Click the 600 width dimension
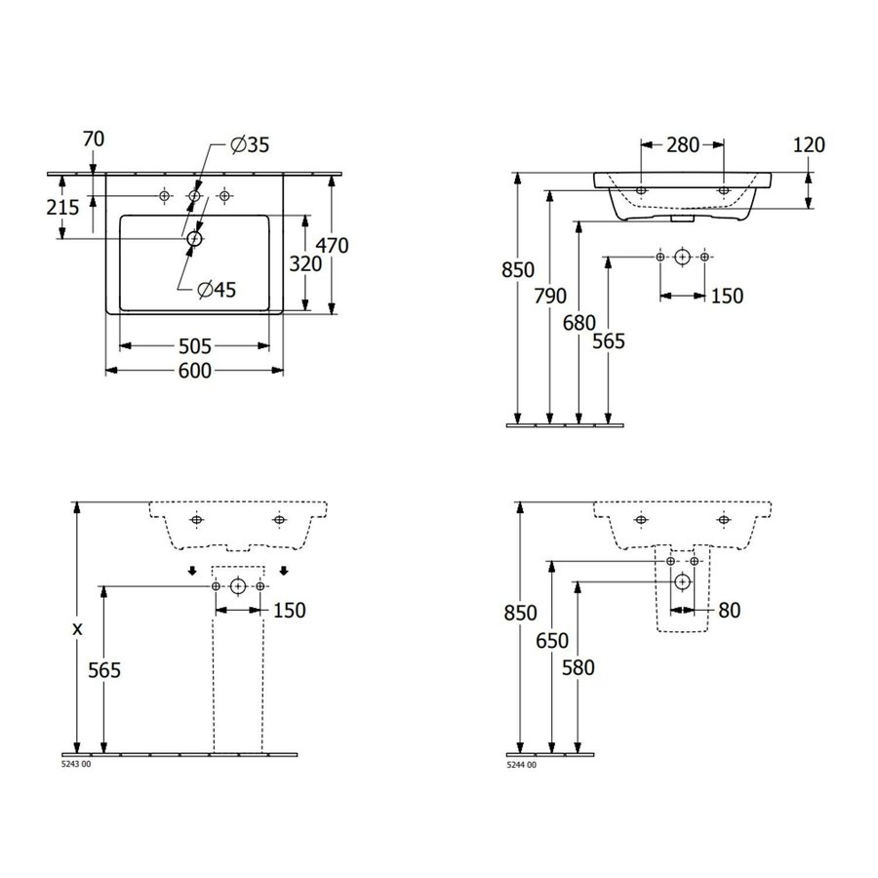point(194,371)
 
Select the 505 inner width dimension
point(194,346)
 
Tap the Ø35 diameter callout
point(250,145)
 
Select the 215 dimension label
point(63,208)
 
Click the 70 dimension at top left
point(94,140)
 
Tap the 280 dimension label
point(682,144)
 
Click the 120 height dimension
point(809,145)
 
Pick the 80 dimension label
point(728,611)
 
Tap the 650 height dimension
point(552,640)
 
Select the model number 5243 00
point(76,765)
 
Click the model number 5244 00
point(522,765)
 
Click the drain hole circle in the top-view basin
point(194,237)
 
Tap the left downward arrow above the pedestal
point(193,572)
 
